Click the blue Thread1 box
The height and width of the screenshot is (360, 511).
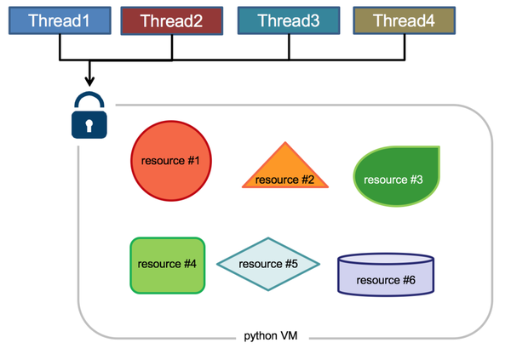coord(59,21)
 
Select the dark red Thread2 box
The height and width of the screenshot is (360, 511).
coord(171,21)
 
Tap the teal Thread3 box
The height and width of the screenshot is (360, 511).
coord(288,21)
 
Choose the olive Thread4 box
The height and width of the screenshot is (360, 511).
coord(402,21)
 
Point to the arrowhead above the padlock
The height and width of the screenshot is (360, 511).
coord(89,83)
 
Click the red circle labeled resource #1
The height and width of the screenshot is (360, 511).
coord(169,161)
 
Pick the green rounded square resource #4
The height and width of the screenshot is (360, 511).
coord(168,265)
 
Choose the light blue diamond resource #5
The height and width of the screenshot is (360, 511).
coord(268,265)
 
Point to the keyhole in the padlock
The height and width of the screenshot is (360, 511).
coord(89,124)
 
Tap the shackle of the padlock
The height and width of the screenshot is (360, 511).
coord(89,100)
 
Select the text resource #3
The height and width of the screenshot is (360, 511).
coord(393,180)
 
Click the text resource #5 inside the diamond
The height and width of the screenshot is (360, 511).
coord(268,265)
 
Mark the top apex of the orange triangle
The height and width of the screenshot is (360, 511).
coord(286,143)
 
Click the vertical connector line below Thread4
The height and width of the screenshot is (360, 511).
coord(402,48)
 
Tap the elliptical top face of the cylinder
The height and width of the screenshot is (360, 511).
coord(386,259)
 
